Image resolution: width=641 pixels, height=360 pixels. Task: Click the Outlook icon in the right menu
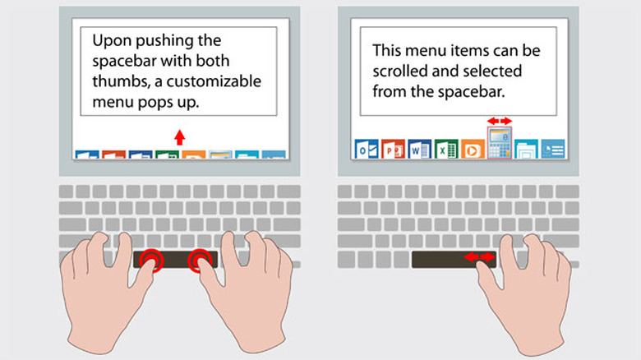(366, 149)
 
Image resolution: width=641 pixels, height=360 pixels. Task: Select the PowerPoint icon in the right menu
(393, 149)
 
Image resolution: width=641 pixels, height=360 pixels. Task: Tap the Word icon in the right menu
(420, 149)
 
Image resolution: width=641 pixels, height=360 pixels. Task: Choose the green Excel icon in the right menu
(446, 149)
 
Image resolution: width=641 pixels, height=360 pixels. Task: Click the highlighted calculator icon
(499, 143)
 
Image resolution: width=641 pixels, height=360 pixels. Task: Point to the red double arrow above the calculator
(499, 121)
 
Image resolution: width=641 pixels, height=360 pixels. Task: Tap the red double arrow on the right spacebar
(479, 258)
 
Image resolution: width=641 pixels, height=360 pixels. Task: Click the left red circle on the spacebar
(151, 261)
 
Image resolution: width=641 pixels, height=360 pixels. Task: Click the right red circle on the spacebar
(200, 261)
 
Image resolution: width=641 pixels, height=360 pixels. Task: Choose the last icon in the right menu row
(553, 149)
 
